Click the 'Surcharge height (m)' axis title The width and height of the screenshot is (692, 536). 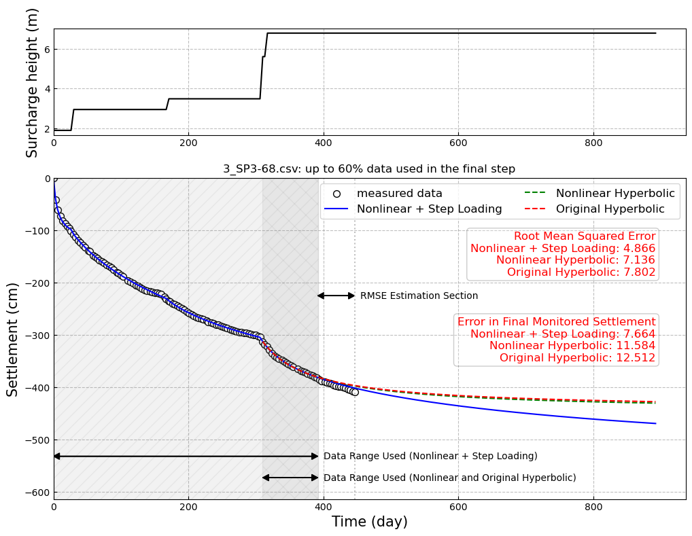(32, 82)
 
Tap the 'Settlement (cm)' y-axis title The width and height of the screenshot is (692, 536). (12, 339)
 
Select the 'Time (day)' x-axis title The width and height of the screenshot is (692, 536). (369, 522)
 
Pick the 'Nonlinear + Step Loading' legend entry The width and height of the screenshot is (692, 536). (429, 209)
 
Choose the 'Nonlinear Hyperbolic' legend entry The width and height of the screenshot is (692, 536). (615, 194)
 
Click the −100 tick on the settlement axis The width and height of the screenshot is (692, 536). (37, 231)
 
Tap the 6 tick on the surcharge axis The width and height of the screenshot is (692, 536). (46, 49)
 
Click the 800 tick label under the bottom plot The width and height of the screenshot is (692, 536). (593, 507)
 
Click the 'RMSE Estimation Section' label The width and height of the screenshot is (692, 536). (419, 296)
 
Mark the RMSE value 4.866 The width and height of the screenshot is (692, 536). (636, 249)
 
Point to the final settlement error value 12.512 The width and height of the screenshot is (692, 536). (635, 358)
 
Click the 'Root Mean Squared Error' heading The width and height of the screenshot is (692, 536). (585, 236)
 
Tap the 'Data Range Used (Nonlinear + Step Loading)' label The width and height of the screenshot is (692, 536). (430, 457)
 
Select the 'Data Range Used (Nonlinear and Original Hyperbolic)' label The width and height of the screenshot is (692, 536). (449, 478)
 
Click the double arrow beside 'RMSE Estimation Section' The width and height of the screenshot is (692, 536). (336, 296)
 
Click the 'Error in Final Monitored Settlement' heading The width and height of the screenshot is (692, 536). (556, 322)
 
